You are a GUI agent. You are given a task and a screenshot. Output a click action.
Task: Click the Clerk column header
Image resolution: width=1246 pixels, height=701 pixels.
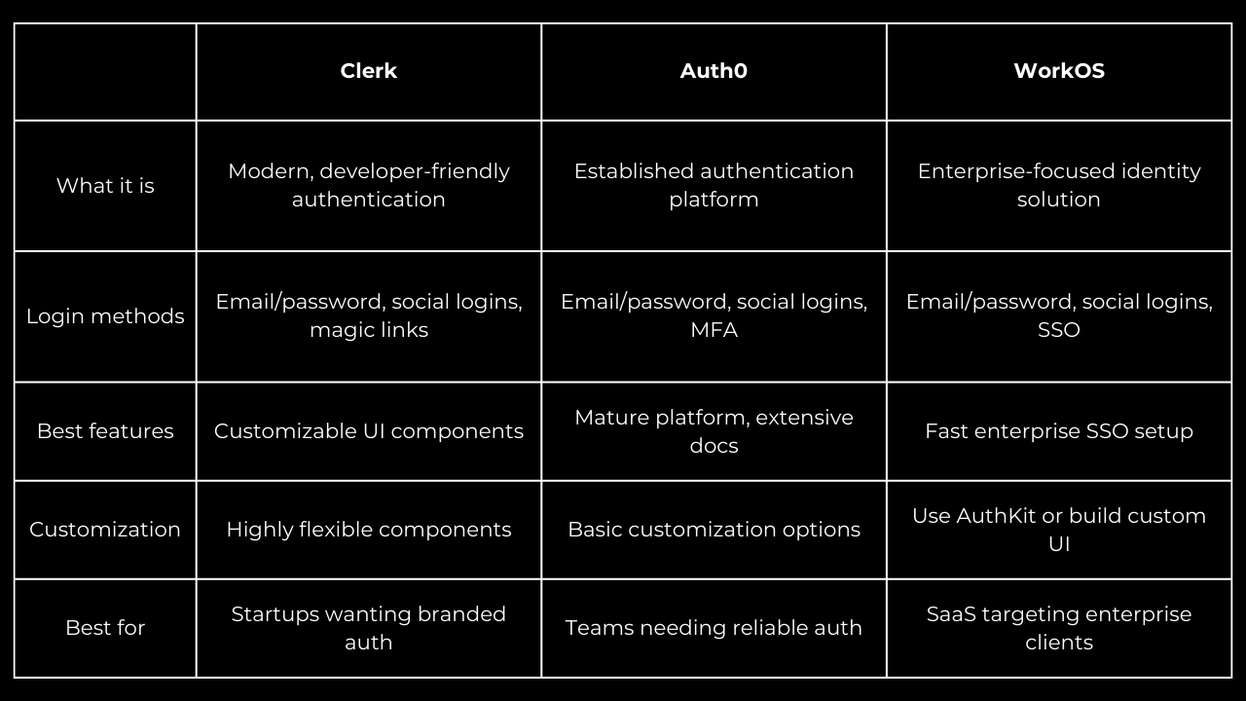tap(368, 71)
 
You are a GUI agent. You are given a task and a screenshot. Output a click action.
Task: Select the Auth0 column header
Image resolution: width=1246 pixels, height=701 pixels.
tap(714, 71)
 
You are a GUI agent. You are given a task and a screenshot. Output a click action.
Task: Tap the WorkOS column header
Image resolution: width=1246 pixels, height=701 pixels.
tap(1059, 71)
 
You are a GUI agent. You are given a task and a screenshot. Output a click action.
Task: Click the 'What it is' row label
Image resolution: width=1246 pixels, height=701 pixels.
tap(105, 185)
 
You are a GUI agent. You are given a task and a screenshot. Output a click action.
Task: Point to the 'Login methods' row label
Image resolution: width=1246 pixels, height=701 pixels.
tap(105, 316)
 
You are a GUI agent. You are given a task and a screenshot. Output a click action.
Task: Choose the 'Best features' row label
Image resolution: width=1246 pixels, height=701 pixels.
tap(105, 431)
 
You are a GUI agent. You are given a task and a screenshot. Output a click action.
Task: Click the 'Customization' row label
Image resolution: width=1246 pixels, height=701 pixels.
tap(105, 529)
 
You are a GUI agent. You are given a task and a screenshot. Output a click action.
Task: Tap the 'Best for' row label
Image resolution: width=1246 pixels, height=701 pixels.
tap(105, 628)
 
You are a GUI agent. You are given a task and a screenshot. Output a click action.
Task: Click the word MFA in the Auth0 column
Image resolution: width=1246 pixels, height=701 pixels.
tap(714, 330)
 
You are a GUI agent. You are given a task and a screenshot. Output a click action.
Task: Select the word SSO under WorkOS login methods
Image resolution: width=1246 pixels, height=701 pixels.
tap(1059, 330)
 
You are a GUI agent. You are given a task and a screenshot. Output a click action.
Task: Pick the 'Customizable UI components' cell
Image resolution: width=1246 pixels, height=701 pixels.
tap(368, 431)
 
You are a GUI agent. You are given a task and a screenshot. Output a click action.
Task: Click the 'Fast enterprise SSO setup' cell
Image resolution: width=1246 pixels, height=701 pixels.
tap(1059, 431)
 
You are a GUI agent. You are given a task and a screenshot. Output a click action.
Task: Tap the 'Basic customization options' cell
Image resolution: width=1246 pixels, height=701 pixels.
tap(714, 529)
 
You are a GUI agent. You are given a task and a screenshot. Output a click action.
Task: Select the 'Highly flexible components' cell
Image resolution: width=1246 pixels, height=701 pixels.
tap(368, 529)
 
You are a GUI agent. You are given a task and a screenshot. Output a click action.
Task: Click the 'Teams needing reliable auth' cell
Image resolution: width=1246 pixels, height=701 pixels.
tap(714, 628)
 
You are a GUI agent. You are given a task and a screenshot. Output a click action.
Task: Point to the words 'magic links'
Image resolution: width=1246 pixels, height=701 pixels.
tap(368, 330)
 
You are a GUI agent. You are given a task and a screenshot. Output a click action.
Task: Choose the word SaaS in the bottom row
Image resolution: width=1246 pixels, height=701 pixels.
tap(951, 614)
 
